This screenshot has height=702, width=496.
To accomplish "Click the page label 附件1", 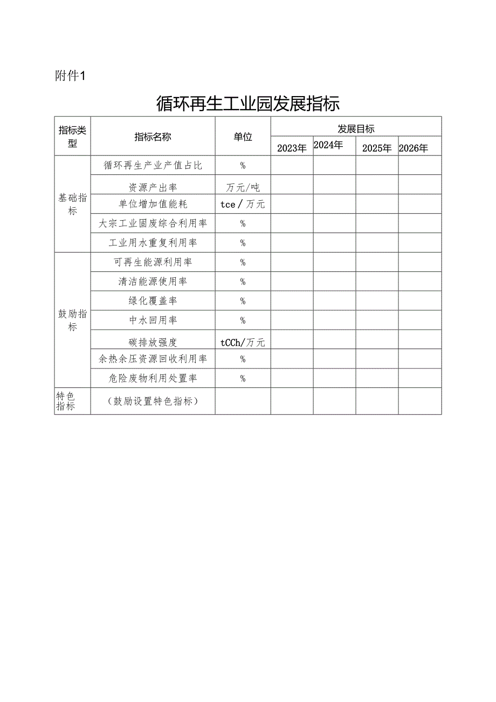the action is pos(71,76).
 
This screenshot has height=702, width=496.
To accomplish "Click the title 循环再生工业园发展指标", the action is pos(247,103).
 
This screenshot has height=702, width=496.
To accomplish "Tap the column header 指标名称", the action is pos(153,137).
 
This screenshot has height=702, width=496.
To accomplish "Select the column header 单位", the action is pos(243,137).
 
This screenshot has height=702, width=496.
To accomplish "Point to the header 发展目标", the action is pos(356,128).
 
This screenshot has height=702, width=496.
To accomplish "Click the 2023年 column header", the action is pos(292,148).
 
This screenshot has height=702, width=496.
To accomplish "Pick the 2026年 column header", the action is pos(414,148).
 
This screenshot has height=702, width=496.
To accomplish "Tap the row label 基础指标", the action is pos(72,204).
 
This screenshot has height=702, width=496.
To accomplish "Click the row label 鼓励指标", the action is pos(72,320).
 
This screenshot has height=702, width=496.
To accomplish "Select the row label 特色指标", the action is pos(66,401).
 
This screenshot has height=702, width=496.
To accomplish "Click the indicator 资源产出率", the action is pos(153,187).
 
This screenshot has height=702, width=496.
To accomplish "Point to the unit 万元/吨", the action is pos(243,187).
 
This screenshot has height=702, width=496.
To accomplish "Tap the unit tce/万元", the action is pos(243,204).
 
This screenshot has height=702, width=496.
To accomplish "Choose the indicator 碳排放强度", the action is pos(153,342).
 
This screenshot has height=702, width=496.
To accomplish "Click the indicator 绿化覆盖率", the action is pos(153,301).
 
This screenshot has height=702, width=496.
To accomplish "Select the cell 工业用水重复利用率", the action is pos(153,243).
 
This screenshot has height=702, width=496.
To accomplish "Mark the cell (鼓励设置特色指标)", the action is pos(153,401).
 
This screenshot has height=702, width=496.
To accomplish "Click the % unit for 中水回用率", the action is pos(243,321).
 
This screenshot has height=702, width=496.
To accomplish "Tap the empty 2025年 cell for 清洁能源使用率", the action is pos(377,281).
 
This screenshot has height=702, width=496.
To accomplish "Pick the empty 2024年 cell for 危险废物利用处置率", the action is pos(334,378).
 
